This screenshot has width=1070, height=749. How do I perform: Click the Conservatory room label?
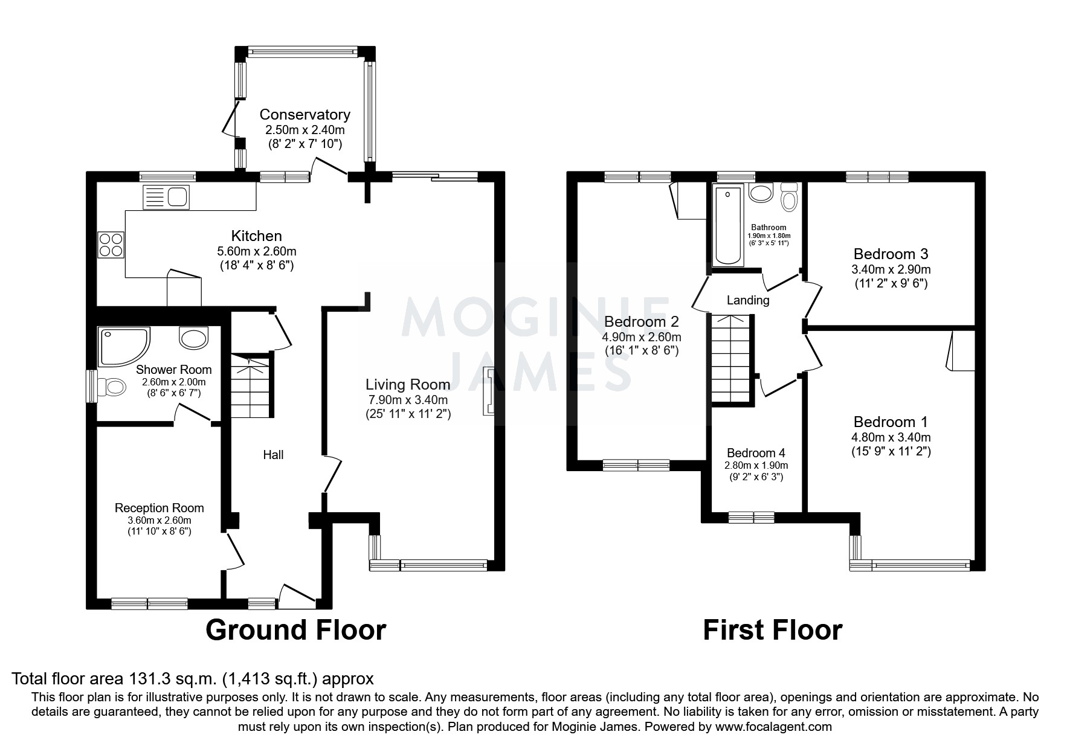305,115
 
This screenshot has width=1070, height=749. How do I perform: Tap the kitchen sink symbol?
166,198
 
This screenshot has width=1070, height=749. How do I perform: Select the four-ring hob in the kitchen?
111,244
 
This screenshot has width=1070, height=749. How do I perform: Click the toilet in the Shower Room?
111,386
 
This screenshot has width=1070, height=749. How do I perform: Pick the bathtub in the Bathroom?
728,225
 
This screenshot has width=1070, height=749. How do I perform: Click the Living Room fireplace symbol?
488,391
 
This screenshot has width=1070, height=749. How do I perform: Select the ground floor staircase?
251,387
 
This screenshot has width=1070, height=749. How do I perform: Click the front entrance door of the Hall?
297,595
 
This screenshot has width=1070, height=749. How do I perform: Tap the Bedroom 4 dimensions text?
756,471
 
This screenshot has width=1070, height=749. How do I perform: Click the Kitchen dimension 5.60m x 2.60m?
256,251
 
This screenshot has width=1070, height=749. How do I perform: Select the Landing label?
747,300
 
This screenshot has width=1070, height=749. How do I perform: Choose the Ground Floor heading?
295,630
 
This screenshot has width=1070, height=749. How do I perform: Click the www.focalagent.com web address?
773,727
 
